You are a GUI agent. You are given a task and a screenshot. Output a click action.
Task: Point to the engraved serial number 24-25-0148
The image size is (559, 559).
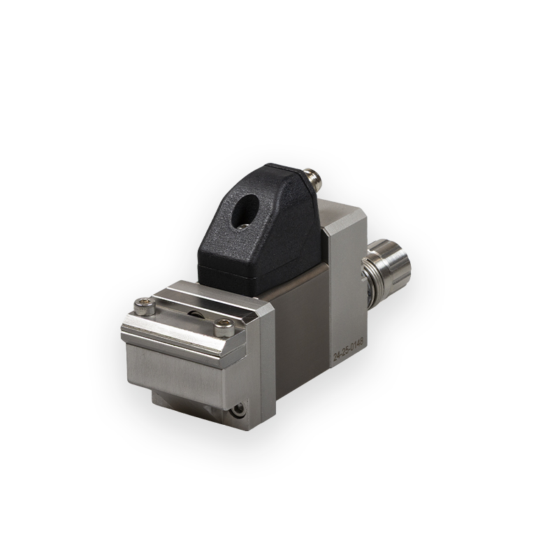348,347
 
